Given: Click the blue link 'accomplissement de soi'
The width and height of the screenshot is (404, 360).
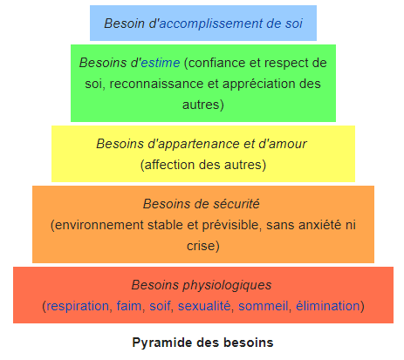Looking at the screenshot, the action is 231,24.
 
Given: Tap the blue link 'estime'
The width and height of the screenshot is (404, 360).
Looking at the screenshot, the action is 161,63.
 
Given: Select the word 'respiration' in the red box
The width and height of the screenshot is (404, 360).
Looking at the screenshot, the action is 78,306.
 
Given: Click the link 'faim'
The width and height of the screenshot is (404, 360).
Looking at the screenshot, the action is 129,306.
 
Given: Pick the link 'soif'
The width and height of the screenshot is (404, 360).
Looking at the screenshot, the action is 160,306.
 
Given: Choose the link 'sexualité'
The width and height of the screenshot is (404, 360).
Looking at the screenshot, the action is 204,306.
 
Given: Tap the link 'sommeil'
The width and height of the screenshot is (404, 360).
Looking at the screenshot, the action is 264,306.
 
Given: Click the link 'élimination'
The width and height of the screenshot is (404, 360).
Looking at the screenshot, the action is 328,306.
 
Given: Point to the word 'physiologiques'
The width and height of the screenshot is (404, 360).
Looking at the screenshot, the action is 227,285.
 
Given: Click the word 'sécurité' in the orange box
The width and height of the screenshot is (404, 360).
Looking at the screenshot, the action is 236,204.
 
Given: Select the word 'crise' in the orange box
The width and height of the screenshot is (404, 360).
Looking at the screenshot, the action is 201,246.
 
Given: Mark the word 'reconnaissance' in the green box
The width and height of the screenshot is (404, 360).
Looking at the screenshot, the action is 156,84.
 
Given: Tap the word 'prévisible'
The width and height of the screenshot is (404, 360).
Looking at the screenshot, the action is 230,225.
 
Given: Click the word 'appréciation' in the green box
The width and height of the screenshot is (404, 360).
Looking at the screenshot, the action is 260,84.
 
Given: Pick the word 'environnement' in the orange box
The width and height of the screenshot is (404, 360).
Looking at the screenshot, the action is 99,225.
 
